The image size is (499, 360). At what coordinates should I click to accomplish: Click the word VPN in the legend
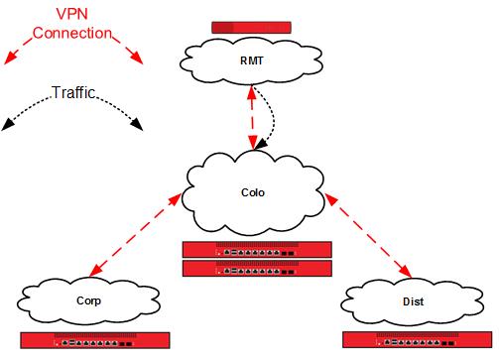(x=72, y=14)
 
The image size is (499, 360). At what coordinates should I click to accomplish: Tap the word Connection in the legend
(x=72, y=33)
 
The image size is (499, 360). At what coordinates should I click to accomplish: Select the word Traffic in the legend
(x=72, y=93)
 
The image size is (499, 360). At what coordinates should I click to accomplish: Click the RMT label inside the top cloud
(x=252, y=60)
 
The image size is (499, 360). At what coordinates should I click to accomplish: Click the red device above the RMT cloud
(x=252, y=28)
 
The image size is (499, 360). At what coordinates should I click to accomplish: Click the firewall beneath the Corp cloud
(x=95, y=339)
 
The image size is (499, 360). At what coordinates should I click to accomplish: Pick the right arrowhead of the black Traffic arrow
(x=137, y=125)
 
